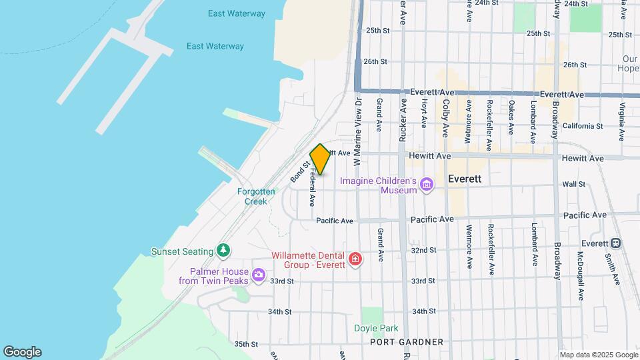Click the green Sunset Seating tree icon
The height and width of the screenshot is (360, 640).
pyautogui.click(x=225, y=251)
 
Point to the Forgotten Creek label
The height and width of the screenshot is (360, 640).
pyautogui.click(x=256, y=196)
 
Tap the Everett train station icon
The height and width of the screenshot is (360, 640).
pyautogui.click(x=617, y=243)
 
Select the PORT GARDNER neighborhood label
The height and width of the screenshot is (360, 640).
pyautogui.click(x=407, y=342)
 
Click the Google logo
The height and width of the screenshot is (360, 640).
pyautogui.click(x=22, y=352)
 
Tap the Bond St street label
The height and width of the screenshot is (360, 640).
pyautogui.click(x=300, y=171)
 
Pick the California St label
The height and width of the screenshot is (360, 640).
pyautogui.click(x=582, y=126)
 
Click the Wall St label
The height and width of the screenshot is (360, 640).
pyautogui.click(x=573, y=184)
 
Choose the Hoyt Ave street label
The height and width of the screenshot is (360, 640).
pyautogui.click(x=424, y=113)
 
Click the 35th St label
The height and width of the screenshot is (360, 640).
pyautogui.click(x=246, y=344)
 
